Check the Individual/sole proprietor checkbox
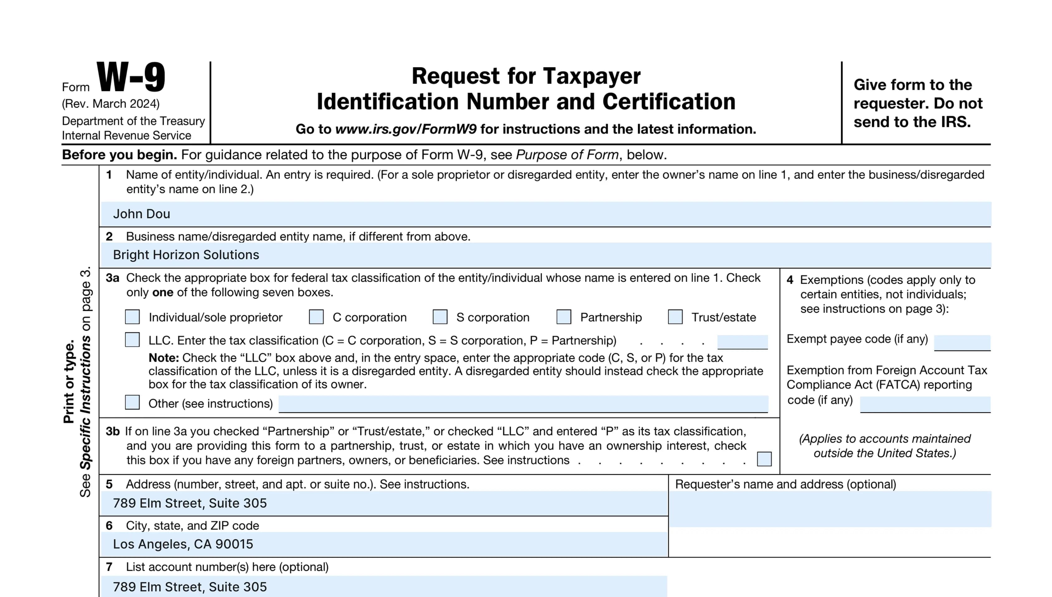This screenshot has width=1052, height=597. tap(132, 317)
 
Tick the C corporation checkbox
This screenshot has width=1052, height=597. tap(316, 317)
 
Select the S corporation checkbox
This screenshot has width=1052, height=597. tap(440, 317)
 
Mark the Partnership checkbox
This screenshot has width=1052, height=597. tap(564, 317)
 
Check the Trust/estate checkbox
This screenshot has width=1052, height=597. tap(675, 317)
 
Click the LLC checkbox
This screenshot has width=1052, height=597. tap(132, 340)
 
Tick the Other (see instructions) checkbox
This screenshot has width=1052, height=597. tap(132, 403)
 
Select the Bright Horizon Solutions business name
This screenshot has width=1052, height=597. tap(186, 255)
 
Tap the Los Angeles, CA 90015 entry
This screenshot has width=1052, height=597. tap(183, 544)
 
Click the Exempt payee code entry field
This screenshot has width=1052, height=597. tap(962, 342)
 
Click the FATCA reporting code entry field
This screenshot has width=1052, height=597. tap(925, 404)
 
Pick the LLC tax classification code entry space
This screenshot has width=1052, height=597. tap(742, 342)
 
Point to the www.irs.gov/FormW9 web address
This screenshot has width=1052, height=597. tap(406, 129)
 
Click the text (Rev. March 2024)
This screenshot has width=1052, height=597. tap(111, 104)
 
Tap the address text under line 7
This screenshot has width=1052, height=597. tap(190, 587)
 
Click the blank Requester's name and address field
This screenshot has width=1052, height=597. tap(830, 509)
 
